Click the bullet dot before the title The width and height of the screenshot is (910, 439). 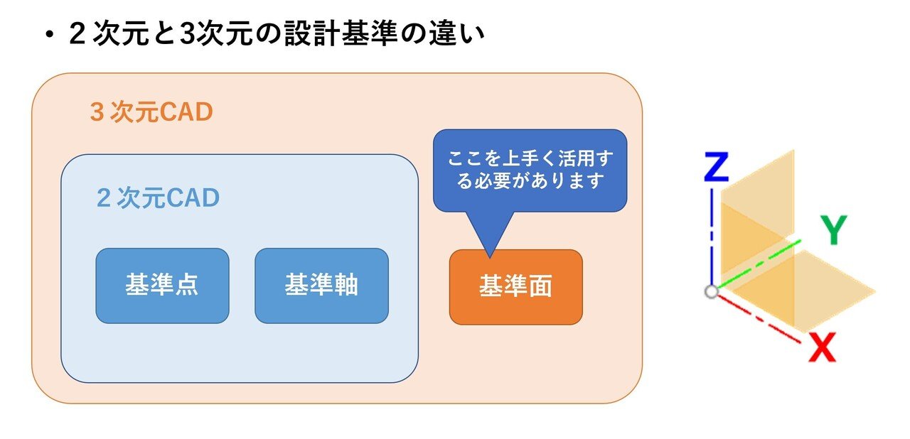[x=50, y=36]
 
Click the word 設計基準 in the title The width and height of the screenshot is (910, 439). [x=341, y=33]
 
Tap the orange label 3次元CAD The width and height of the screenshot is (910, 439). [x=151, y=112]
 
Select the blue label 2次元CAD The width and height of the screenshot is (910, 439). [x=158, y=197]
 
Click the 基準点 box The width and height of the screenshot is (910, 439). [x=163, y=286]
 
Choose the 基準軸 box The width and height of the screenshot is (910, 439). [x=322, y=286]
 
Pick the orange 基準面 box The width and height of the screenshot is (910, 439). [x=516, y=287]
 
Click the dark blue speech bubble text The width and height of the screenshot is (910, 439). [x=530, y=170]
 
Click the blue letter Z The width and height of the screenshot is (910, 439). [x=716, y=167]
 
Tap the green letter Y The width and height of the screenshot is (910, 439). [x=834, y=229]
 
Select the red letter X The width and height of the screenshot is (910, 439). [x=822, y=347]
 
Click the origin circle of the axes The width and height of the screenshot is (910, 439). [x=712, y=291]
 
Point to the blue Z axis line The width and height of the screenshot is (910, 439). [x=712, y=237]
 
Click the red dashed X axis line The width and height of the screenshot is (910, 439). [x=759, y=318]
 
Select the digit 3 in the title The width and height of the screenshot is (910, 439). [x=186, y=33]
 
